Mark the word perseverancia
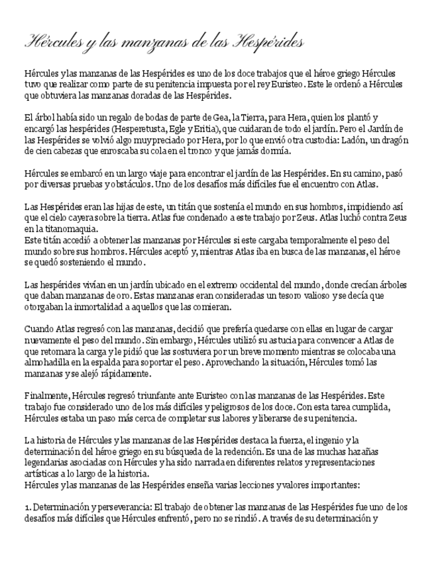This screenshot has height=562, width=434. click(x=117, y=508)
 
